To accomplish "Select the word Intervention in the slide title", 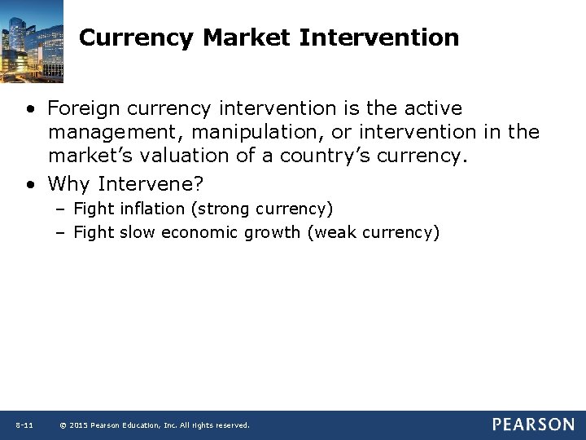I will pyautogui.click(x=379, y=37).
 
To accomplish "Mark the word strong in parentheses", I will pyautogui.click(x=225, y=209).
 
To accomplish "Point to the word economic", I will pyautogui.click(x=196, y=233).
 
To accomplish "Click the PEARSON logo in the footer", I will pyautogui.click(x=532, y=425).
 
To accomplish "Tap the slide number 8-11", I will pyautogui.click(x=24, y=425).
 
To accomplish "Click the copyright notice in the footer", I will pyautogui.click(x=155, y=425).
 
